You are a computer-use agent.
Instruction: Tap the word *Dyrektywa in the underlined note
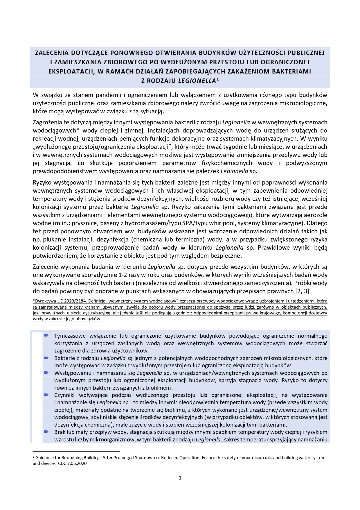click(44, 301)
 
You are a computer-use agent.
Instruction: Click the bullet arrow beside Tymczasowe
click(46, 336)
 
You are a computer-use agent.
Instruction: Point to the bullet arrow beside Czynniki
click(46, 395)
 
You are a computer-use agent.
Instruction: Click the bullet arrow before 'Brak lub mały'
click(46, 432)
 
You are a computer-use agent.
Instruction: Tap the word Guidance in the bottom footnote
click(44, 458)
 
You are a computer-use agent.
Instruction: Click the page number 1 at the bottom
click(180, 478)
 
